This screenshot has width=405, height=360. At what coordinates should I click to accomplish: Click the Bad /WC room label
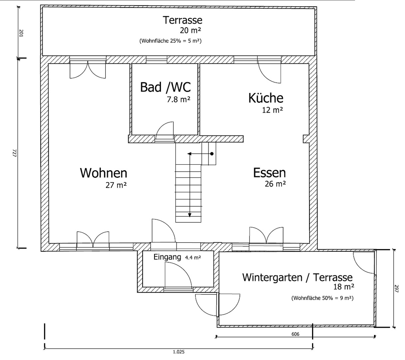165,87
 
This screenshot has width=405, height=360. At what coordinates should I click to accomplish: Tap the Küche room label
265,98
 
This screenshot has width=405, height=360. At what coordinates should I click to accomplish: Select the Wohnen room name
103,173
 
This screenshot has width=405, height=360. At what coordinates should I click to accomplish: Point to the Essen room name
269,173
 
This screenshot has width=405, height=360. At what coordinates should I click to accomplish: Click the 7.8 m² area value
178,99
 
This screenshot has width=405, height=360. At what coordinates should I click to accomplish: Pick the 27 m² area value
116,185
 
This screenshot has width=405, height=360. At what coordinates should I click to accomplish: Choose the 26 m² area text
275,184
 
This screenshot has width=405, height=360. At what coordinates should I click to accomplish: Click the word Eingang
167,257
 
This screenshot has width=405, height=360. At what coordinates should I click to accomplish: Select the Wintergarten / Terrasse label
297,277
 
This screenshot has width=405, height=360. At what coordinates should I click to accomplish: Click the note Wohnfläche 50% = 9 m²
322,298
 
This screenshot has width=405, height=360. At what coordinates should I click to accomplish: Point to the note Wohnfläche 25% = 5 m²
170,41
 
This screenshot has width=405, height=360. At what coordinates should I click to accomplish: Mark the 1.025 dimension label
179,351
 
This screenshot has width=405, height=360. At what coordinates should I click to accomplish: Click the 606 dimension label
295,334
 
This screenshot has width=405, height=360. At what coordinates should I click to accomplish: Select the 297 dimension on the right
397,288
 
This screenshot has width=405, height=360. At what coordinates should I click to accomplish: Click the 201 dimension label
21,33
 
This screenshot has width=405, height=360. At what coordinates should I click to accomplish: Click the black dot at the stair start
211,154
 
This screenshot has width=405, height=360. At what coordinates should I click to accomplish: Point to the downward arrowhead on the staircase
190,215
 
